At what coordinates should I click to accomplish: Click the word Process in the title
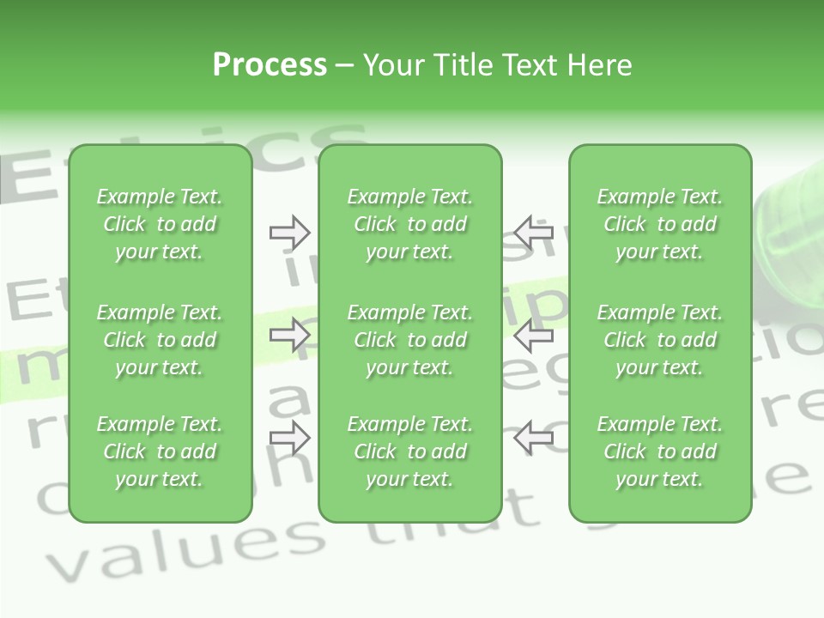coord(270,65)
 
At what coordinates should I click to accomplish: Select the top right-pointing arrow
coord(289,232)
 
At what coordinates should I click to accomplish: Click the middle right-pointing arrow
coord(289,335)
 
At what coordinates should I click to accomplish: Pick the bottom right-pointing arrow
coord(289,437)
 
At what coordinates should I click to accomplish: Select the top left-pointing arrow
coord(534,232)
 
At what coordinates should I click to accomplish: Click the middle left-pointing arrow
coord(534,335)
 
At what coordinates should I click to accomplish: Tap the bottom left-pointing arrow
coord(534,437)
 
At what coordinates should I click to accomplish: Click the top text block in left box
coord(160,224)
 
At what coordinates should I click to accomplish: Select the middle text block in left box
coord(160,340)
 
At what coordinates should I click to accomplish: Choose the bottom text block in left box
coord(160,451)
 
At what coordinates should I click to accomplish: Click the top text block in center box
coord(409,224)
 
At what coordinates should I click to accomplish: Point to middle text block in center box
coord(409,340)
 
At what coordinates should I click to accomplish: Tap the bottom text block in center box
coord(409,451)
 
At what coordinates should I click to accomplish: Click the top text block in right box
coord(659,224)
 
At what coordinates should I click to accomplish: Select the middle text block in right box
coord(659,340)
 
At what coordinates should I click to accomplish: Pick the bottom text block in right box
coord(659,451)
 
